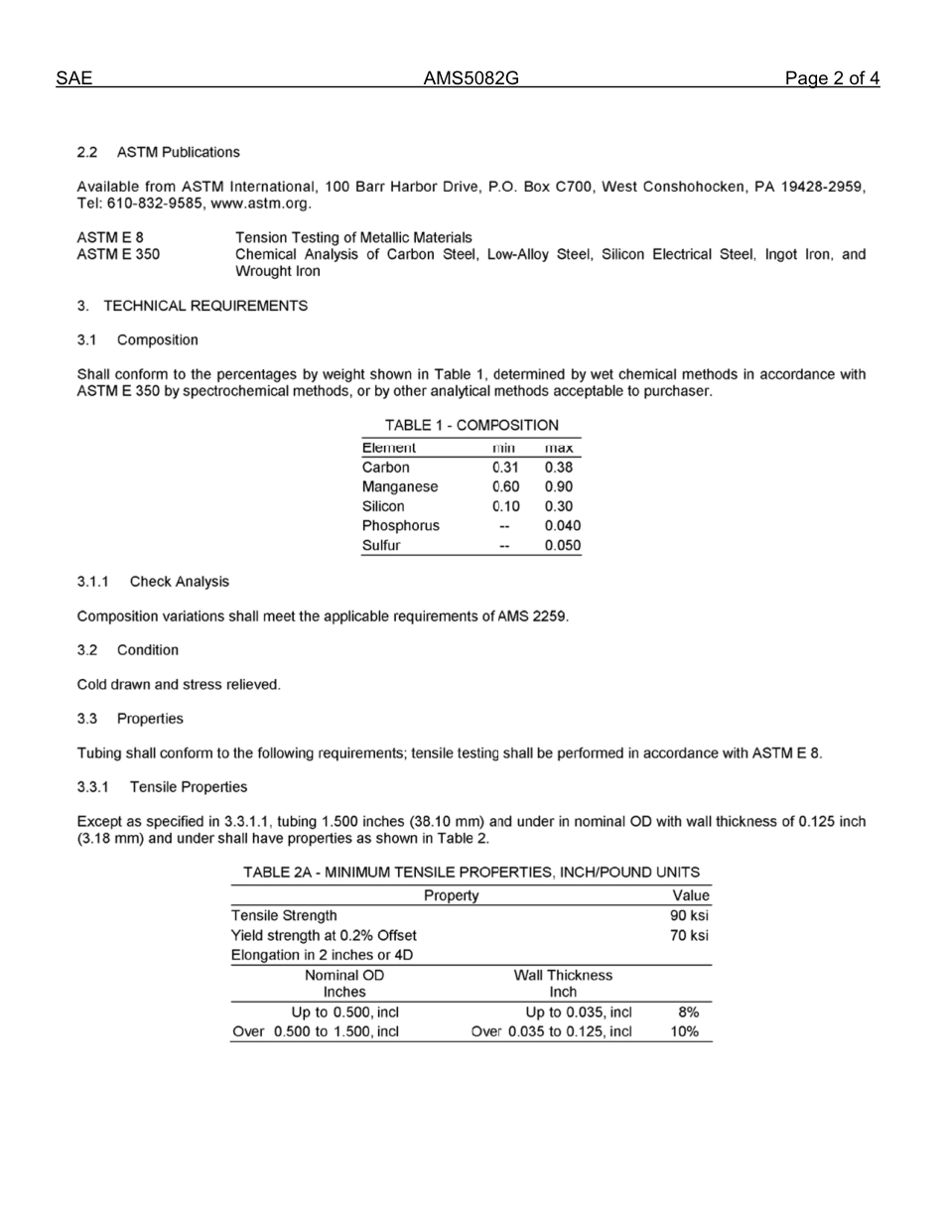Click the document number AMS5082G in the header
pos(471,79)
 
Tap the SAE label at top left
pos(73,79)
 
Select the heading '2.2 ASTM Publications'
pos(159,152)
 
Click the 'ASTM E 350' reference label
pos(118,254)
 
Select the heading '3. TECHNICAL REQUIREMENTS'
pos(193,306)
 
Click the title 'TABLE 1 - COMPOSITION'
pos(471,425)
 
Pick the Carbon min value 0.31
pos(505,468)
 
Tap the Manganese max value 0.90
pos(558,487)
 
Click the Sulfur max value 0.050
pos(562,545)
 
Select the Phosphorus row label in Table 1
pos(401,526)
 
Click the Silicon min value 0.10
pos(505,506)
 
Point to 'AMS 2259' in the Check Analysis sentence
pos(535,616)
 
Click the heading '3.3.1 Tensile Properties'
pos(162,787)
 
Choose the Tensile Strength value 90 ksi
pos(689,915)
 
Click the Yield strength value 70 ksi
pos(689,935)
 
